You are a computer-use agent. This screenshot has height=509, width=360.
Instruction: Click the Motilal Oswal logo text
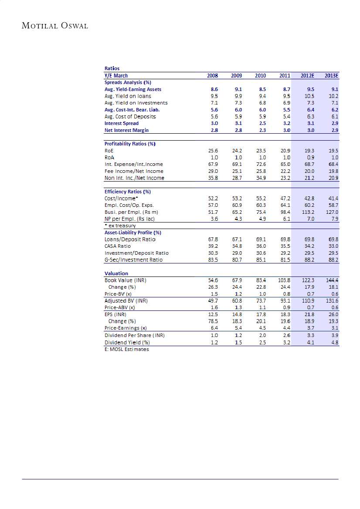55,26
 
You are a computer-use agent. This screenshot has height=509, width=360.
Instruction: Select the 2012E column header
308,75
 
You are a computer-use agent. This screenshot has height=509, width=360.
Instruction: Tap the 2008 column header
212,75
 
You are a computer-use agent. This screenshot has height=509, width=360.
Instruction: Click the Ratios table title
112,68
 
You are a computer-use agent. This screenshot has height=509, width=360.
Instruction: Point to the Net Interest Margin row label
126,130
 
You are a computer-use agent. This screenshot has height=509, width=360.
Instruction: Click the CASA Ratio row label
118,246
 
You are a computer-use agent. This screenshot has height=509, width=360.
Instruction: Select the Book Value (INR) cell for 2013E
333,280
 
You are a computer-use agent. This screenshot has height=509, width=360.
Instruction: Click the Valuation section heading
116,273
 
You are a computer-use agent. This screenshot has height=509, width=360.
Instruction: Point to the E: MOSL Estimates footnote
127,349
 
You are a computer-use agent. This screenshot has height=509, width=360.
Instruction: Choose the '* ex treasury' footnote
120,226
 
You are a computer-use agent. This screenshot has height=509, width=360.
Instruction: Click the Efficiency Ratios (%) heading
128,192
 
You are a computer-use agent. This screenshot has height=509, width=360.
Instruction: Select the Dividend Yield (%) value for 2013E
335,342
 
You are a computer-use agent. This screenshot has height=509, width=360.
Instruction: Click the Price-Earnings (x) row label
126,328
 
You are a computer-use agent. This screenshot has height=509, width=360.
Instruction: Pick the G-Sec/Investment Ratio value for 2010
260,260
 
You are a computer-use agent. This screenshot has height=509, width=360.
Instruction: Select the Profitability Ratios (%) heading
130,144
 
